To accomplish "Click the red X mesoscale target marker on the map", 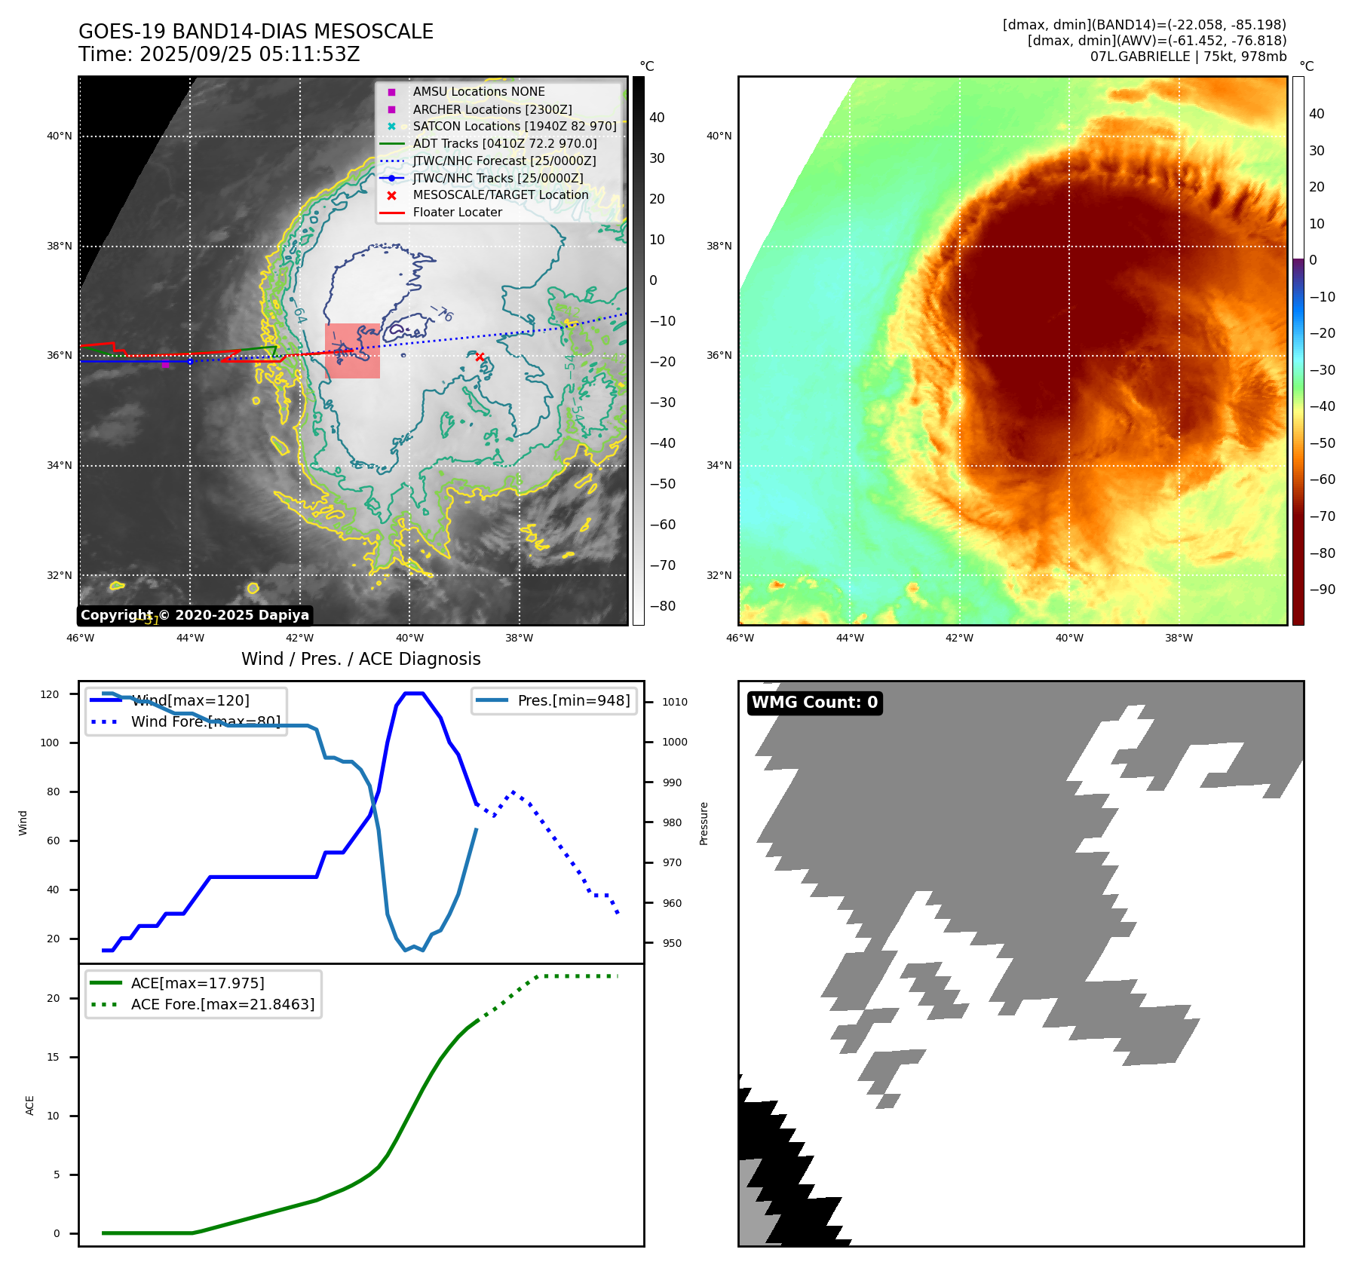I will [480, 357].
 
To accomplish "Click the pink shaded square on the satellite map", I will [352, 351].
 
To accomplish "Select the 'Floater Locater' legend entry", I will [457, 213].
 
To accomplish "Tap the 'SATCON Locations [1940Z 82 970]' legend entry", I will [514, 127].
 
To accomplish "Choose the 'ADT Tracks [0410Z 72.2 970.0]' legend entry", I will [504, 143].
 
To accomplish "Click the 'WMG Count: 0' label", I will [814, 703].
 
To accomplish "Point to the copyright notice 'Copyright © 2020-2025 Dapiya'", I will [195, 615].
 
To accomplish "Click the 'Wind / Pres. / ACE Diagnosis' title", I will [360, 659].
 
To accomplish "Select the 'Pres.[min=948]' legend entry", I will [573, 700].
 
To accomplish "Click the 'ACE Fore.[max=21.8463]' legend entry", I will [222, 1004].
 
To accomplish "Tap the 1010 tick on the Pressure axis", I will [674, 702].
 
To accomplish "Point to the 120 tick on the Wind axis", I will [50, 694].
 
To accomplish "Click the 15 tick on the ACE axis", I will [54, 1057].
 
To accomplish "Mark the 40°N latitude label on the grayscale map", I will [60, 136].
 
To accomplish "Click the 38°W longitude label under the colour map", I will [1179, 638].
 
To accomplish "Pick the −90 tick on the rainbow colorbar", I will [1322, 590].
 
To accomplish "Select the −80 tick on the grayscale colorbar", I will [663, 606].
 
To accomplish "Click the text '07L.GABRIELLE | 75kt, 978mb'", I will [1188, 57].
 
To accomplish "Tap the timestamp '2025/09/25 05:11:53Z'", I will [250, 54].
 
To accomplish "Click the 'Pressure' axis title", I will [704, 823].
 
